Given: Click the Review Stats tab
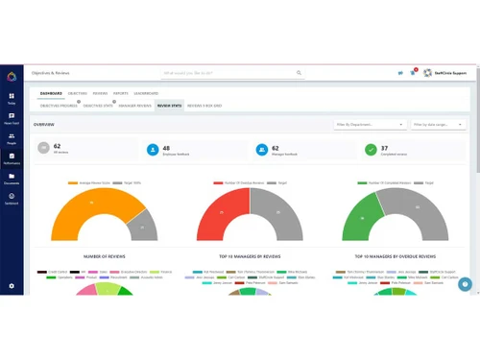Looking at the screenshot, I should (x=170, y=106).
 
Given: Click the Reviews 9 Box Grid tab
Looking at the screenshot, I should (x=204, y=106).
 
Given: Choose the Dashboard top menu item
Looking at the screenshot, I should (x=51, y=93).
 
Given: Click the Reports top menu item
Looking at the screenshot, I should (x=121, y=93).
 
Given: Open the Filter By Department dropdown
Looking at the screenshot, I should (x=370, y=125).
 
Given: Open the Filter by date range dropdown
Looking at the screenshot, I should (x=437, y=125).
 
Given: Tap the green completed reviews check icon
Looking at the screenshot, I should (x=371, y=150).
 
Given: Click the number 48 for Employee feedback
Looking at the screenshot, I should (x=165, y=146).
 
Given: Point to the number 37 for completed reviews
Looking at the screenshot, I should (x=385, y=146).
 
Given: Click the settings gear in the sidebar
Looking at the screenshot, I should (x=12, y=285).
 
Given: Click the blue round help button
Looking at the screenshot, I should (x=466, y=284).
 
